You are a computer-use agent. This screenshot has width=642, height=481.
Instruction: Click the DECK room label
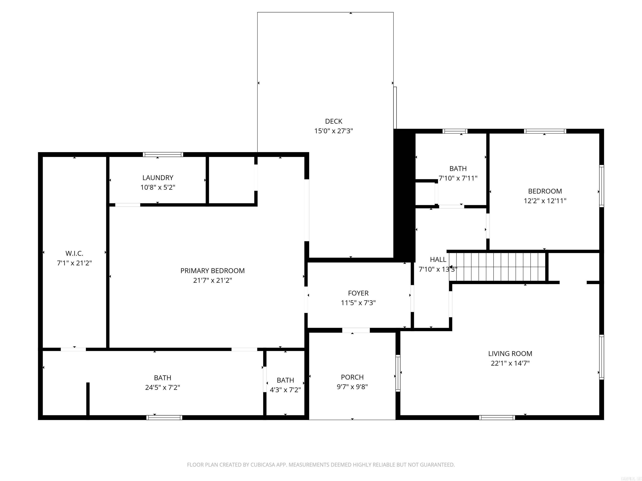click(x=334, y=121)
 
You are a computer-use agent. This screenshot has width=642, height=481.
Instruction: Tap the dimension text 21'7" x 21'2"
click(x=213, y=280)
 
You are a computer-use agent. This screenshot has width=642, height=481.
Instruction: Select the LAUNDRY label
click(x=158, y=177)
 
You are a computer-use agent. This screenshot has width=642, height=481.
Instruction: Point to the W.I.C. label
click(x=74, y=253)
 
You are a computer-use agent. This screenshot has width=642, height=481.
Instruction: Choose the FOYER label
click(x=358, y=293)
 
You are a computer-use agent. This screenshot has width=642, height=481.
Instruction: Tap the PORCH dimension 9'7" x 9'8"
click(x=352, y=386)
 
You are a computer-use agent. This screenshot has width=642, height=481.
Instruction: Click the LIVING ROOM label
click(x=510, y=353)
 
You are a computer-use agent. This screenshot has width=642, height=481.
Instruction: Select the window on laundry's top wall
click(x=163, y=154)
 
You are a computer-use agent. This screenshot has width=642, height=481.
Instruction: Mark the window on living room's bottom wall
click(x=497, y=418)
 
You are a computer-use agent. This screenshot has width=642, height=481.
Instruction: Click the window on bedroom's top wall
click(x=545, y=131)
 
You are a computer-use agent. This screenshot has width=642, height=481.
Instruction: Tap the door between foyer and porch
click(x=356, y=330)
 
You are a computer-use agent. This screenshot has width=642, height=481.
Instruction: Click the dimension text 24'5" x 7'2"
click(x=163, y=387)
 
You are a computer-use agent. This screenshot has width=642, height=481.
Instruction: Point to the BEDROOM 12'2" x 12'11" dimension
click(x=545, y=201)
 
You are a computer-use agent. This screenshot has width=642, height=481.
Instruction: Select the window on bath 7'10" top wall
click(x=455, y=131)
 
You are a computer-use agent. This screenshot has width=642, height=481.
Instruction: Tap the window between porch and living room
click(x=398, y=373)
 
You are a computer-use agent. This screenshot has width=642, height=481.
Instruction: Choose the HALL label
click(x=438, y=259)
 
